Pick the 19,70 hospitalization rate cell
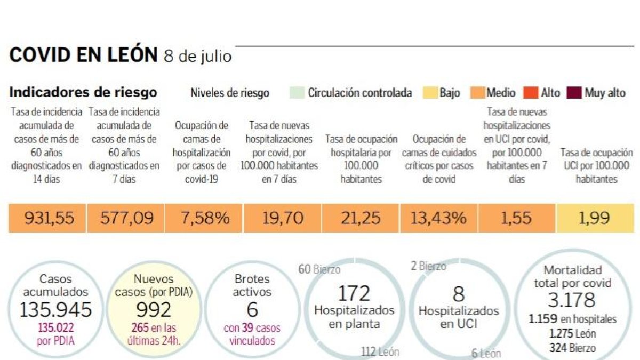coord(283,218)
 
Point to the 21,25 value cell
coord(362,218)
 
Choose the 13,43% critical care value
coord(439,218)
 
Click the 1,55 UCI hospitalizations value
coord(516,218)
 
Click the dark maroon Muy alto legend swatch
coord(574,93)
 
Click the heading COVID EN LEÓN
coord(84,55)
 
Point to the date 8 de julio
coord(197,57)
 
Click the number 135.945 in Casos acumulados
coord(55,309)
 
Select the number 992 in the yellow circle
coord(154,309)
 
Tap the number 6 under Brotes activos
coord(252,309)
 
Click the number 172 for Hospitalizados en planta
coord(354,293)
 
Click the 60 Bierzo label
coord(319,269)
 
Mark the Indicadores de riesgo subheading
coord(83,92)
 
